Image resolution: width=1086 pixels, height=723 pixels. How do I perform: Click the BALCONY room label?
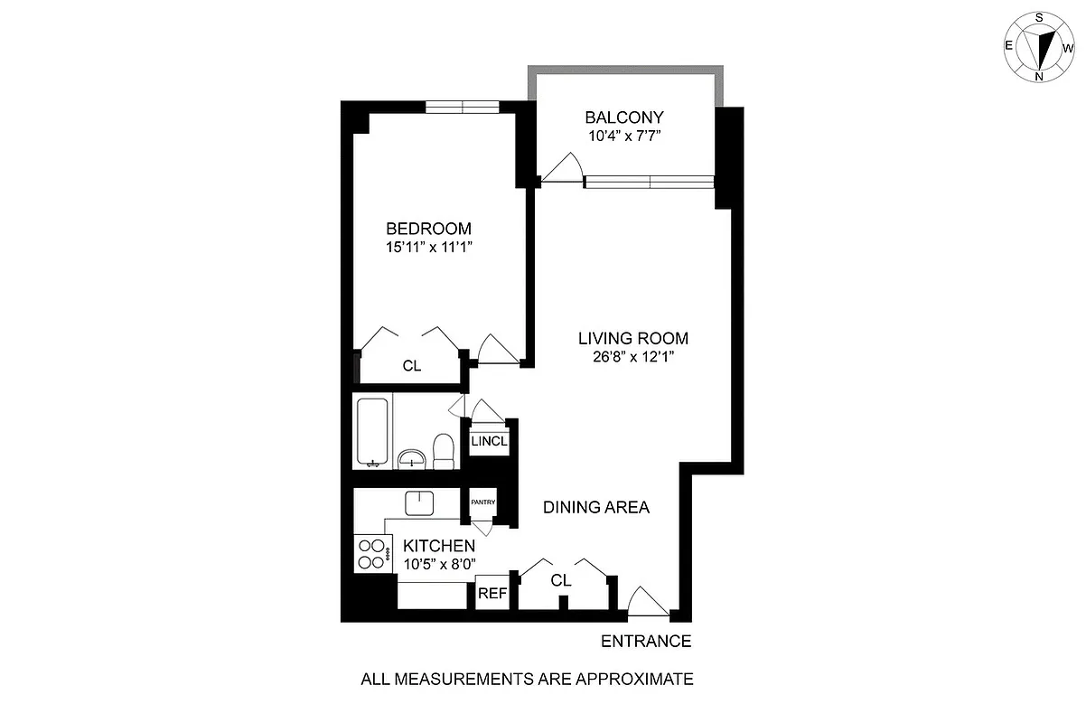[x=623, y=117]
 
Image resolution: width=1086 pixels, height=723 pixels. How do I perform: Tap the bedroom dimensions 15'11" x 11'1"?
[x=429, y=246]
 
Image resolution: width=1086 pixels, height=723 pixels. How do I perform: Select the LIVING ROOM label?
[x=633, y=339]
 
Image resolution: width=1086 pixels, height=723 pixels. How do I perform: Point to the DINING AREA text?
[x=595, y=507]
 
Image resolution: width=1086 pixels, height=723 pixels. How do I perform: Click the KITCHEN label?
[x=439, y=546]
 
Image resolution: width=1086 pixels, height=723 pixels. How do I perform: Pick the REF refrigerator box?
[x=492, y=594]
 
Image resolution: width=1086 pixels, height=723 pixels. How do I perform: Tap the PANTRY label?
[x=479, y=501]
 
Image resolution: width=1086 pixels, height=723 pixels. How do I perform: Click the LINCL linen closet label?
[x=489, y=443]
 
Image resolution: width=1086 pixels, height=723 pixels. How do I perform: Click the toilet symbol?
[x=443, y=452]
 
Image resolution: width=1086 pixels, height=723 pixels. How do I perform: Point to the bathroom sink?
[x=412, y=458]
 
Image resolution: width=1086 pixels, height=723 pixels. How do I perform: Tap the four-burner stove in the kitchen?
[x=370, y=553]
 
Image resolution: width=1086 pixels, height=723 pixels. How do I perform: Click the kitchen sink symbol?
[x=420, y=502]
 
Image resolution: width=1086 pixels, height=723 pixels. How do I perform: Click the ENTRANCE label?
[x=646, y=642]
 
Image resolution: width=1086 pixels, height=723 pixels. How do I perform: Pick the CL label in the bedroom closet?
[x=412, y=366]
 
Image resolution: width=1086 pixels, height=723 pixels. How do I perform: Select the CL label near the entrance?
[x=561, y=580]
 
